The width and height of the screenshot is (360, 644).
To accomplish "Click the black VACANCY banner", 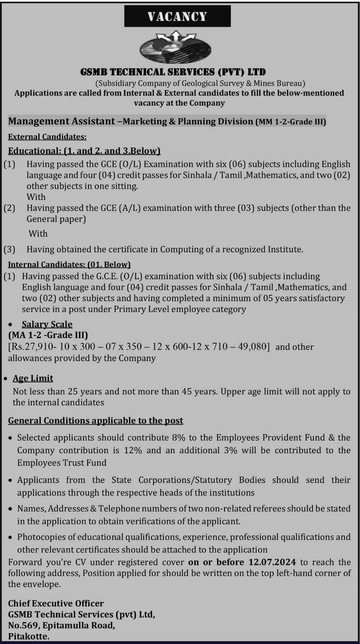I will pos(177,16).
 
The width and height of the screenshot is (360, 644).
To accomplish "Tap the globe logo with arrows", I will pos(175,47).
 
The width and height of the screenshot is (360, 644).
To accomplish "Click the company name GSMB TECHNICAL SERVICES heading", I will pos(173,72).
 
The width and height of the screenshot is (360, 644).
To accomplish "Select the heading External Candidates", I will pos(47,137).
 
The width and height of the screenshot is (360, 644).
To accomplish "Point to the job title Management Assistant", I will pos(61,121).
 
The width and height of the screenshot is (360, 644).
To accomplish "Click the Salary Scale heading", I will pos(47,324).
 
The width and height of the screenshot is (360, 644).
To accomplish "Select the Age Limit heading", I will pos(33,378).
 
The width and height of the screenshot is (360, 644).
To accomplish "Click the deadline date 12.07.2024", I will pos(272,562).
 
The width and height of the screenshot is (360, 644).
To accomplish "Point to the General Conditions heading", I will pos(95,420).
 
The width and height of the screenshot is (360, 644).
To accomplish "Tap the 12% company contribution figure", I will pos(133,450).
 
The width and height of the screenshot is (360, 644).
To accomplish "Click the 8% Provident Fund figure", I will pos(179,437).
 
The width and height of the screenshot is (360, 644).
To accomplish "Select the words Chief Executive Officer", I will pos(56,603).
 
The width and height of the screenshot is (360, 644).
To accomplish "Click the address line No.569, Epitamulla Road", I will pos(61,625).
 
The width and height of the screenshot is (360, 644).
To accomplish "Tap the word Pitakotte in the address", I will pos(28,636).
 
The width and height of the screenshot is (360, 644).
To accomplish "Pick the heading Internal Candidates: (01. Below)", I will pos(69,265).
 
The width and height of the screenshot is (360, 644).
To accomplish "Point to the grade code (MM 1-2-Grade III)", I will pos(291,122).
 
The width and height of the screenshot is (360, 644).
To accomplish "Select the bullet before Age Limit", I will pos(5,379).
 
